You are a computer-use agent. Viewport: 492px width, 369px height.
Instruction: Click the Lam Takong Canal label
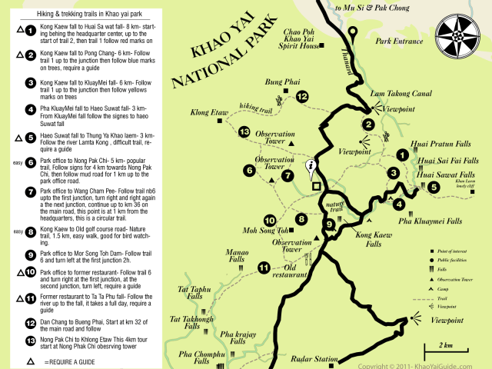click(398, 93)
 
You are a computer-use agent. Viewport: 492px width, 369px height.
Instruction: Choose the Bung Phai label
click(280, 80)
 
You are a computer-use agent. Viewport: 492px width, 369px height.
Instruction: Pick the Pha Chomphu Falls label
click(197, 357)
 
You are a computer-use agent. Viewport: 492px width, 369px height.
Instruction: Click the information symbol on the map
click(311, 165)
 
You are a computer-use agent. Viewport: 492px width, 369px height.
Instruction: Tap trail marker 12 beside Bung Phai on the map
click(302, 96)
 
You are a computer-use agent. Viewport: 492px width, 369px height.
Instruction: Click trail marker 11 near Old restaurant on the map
click(264, 268)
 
